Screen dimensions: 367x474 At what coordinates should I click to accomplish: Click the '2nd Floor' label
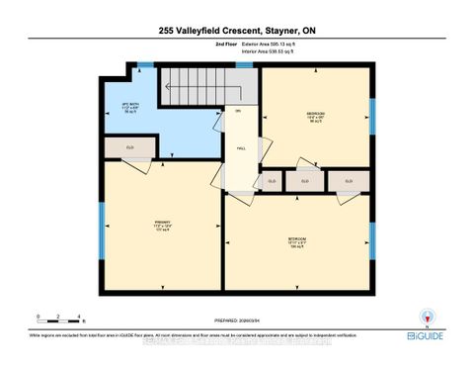click(197, 46)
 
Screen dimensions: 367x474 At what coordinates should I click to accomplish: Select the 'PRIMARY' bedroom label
click(163, 223)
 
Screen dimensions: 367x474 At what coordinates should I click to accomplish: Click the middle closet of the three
click(305, 181)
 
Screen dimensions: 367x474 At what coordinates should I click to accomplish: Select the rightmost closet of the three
click(349, 181)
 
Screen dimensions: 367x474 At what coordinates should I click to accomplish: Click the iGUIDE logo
click(422, 336)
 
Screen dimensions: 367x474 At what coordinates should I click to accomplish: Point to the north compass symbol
click(426, 318)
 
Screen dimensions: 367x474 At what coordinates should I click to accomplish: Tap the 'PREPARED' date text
click(236, 320)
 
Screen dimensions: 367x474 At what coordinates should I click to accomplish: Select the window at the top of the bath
click(145, 66)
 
